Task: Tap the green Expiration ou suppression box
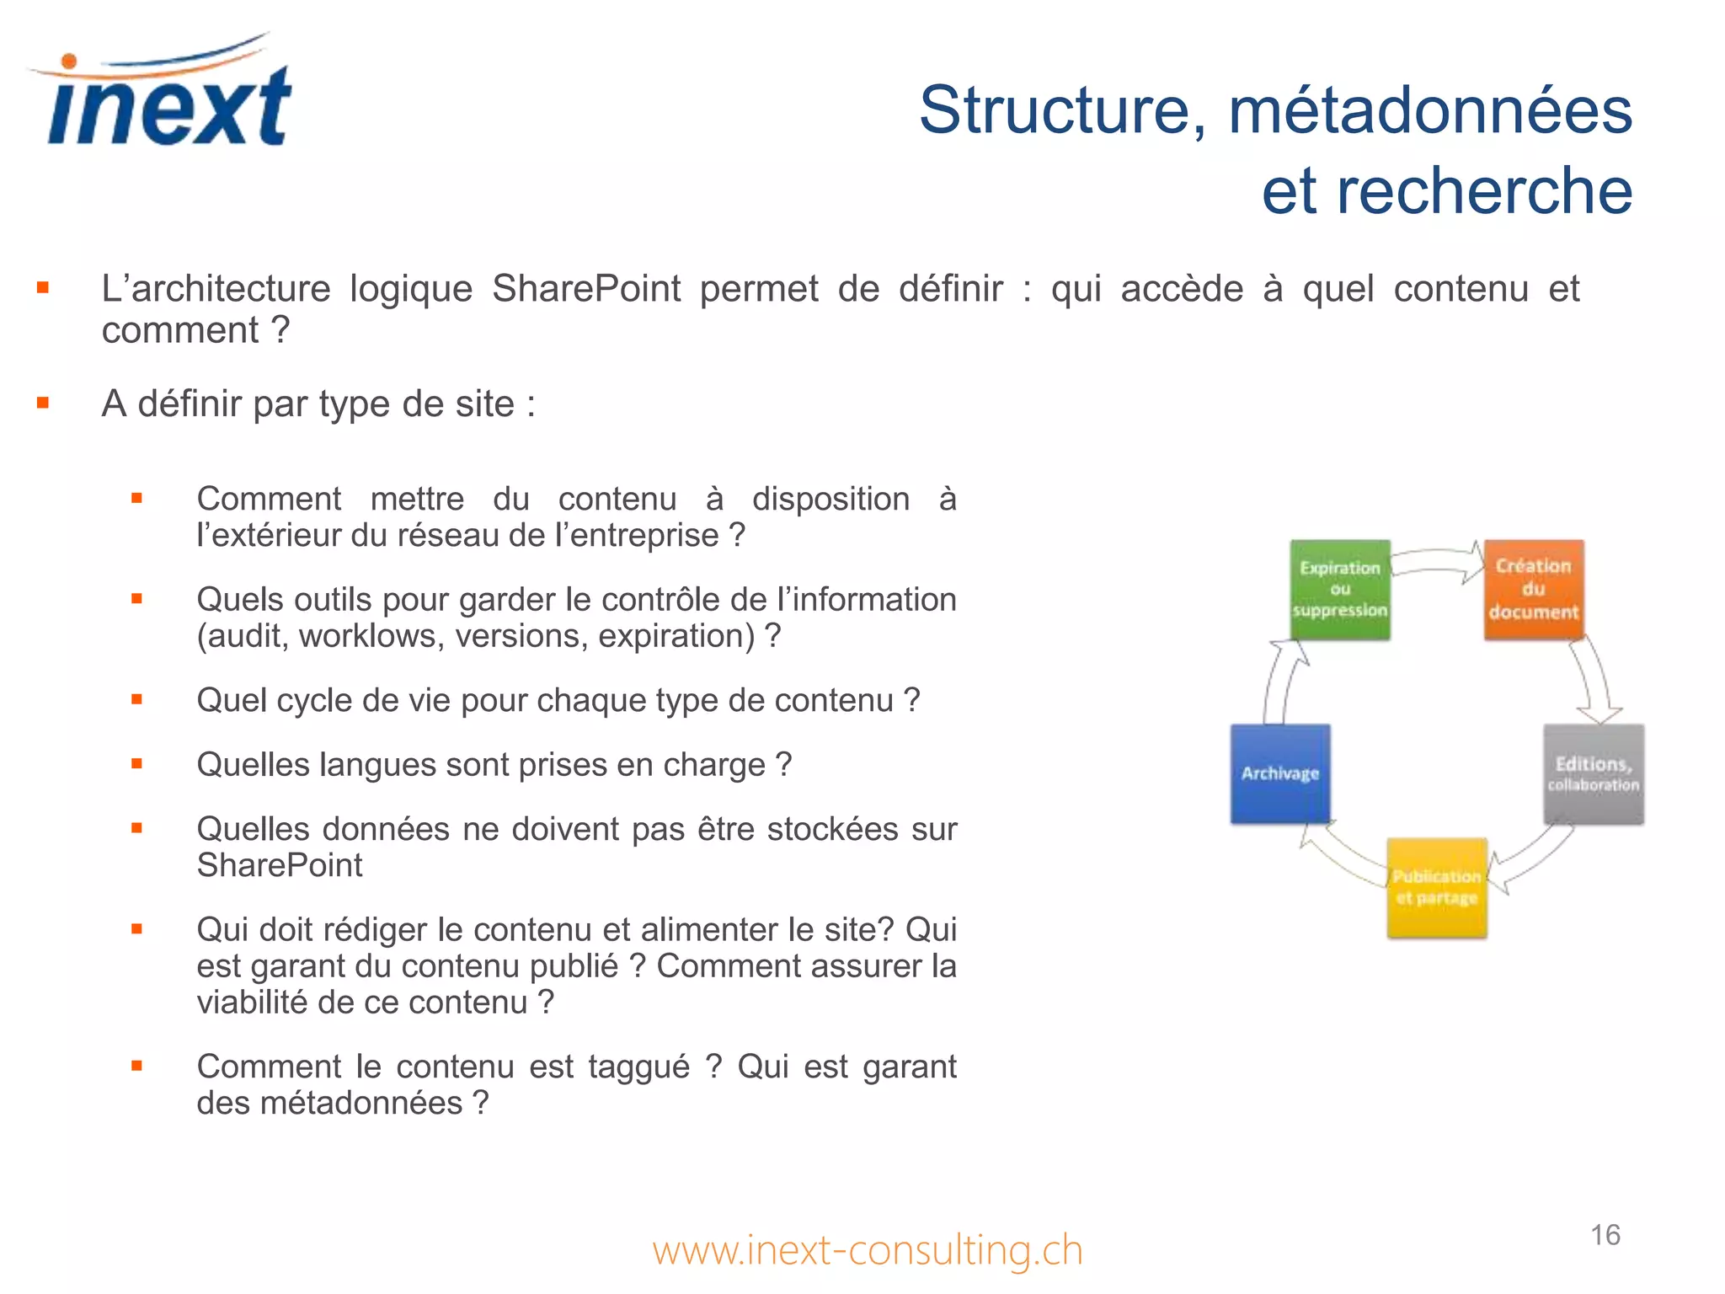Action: pyautogui.click(x=1339, y=590)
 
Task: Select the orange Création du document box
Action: pyautogui.click(x=1533, y=590)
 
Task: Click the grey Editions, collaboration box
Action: pyautogui.click(x=1593, y=774)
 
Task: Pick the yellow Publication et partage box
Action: pyautogui.click(x=1436, y=887)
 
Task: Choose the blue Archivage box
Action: pyautogui.click(x=1280, y=773)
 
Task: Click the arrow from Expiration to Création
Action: pyautogui.click(x=1437, y=561)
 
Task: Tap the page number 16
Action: pyautogui.click(x=1605, y=1235)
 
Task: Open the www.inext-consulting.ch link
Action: pyautogui.click(x=868, y=1250)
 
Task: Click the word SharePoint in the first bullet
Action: pyautogui.click(x=586, y=289)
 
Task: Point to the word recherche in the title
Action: pyautogui.click(x=1484, y=191)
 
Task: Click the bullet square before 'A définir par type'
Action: pyautogui.click(x=43, y=404)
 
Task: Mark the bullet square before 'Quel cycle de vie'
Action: pyautogui.click(x=136, y=699)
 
